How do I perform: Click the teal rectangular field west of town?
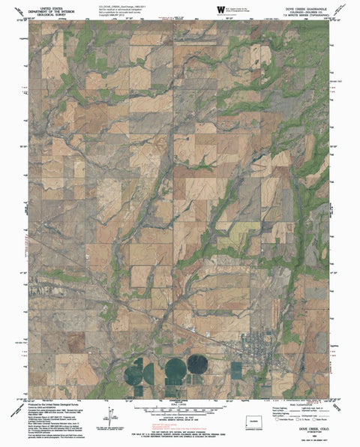tap(236, 370)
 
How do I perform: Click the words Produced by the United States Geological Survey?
tap(52, 402)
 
